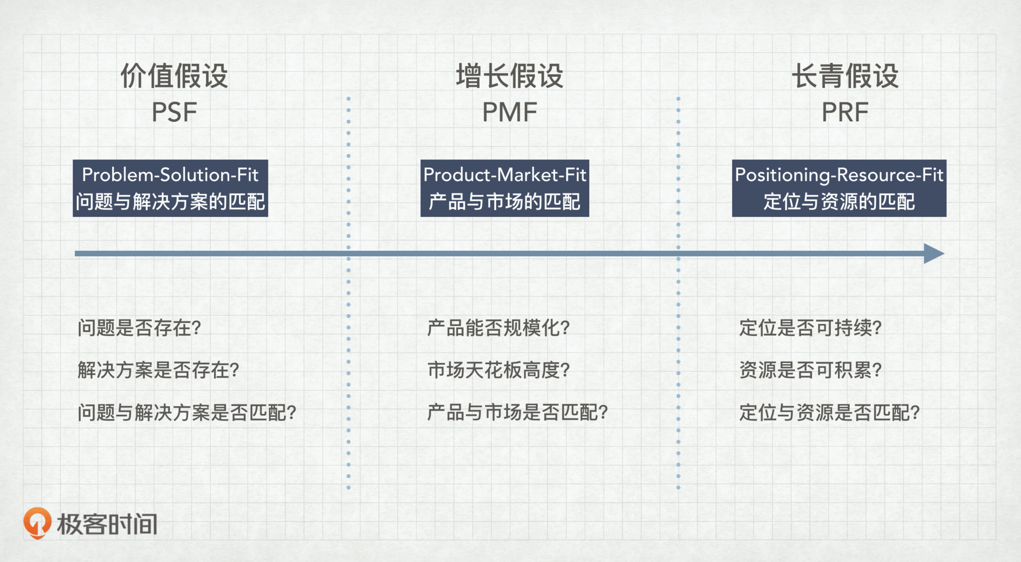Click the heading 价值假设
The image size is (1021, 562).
[174, 76]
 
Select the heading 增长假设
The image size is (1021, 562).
[509, 76]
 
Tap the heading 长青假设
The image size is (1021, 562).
[845, 76]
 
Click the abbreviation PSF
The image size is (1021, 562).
[174, 112]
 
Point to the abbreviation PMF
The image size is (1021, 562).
[509, 112]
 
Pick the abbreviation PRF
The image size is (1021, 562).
[845, 112]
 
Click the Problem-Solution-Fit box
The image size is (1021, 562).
[170, 188]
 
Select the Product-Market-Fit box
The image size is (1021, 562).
[505, 188]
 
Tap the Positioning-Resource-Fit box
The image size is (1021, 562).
[839, 188]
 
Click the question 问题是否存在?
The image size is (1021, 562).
[139, 328]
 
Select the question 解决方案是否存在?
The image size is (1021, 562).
[158, 370]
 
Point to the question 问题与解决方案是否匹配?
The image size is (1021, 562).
[187, 413]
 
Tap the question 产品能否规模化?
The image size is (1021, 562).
[499, 328]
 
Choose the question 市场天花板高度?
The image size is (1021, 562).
[499, 370]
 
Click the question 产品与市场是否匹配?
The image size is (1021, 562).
[518, 413]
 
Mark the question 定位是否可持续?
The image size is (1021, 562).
[810, 328]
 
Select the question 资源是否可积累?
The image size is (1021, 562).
[810, 370]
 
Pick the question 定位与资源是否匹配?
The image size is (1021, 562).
[830, 413]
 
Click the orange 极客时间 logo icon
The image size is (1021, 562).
[37, 523]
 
